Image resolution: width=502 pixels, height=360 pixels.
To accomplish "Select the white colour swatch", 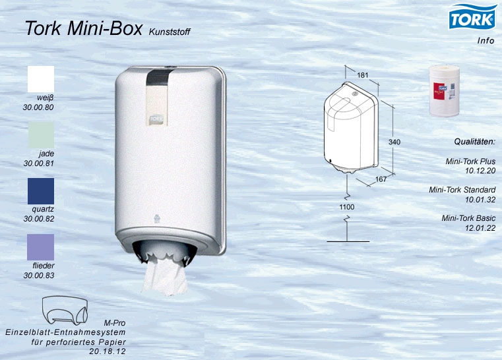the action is click(x=41, y=79).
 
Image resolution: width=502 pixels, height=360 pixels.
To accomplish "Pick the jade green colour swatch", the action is click(x=41, y=135).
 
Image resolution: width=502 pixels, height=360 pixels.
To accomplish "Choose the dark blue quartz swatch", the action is click(x=41, y=191).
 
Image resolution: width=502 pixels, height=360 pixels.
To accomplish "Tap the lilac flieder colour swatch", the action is click(x=41, y=247).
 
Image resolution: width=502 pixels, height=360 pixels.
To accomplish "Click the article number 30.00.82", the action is click(x=39, y=219).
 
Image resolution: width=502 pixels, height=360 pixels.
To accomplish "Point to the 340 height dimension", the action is click(x=394, y=142).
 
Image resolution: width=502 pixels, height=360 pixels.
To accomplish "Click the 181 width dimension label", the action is click(x=363, y=75).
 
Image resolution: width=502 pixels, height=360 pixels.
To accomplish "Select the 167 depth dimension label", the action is click(x=381, y=179).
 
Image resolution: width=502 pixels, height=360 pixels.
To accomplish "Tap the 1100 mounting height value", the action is click(x=347, y=207).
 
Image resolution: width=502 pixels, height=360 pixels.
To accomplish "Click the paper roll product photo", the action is click(x=445, y=90).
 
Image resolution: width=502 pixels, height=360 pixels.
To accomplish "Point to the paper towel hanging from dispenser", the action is click(x=165, y=276).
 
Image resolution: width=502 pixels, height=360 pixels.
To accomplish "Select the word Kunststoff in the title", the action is click(x=170, y=32).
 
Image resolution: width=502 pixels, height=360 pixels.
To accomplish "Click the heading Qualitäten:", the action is click(x=475, y=142).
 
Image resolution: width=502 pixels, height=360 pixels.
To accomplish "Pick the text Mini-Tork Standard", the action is click(x=462, y=190).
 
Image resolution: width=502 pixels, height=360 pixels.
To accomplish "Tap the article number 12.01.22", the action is click(x=480, y=228).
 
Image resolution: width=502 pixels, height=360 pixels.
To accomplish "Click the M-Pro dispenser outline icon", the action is click(x=65, y=310).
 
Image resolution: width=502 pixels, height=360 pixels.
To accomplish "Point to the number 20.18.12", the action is click(x=108, y=351).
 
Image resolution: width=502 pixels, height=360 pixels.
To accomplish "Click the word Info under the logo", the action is click(x=486, y=41).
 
